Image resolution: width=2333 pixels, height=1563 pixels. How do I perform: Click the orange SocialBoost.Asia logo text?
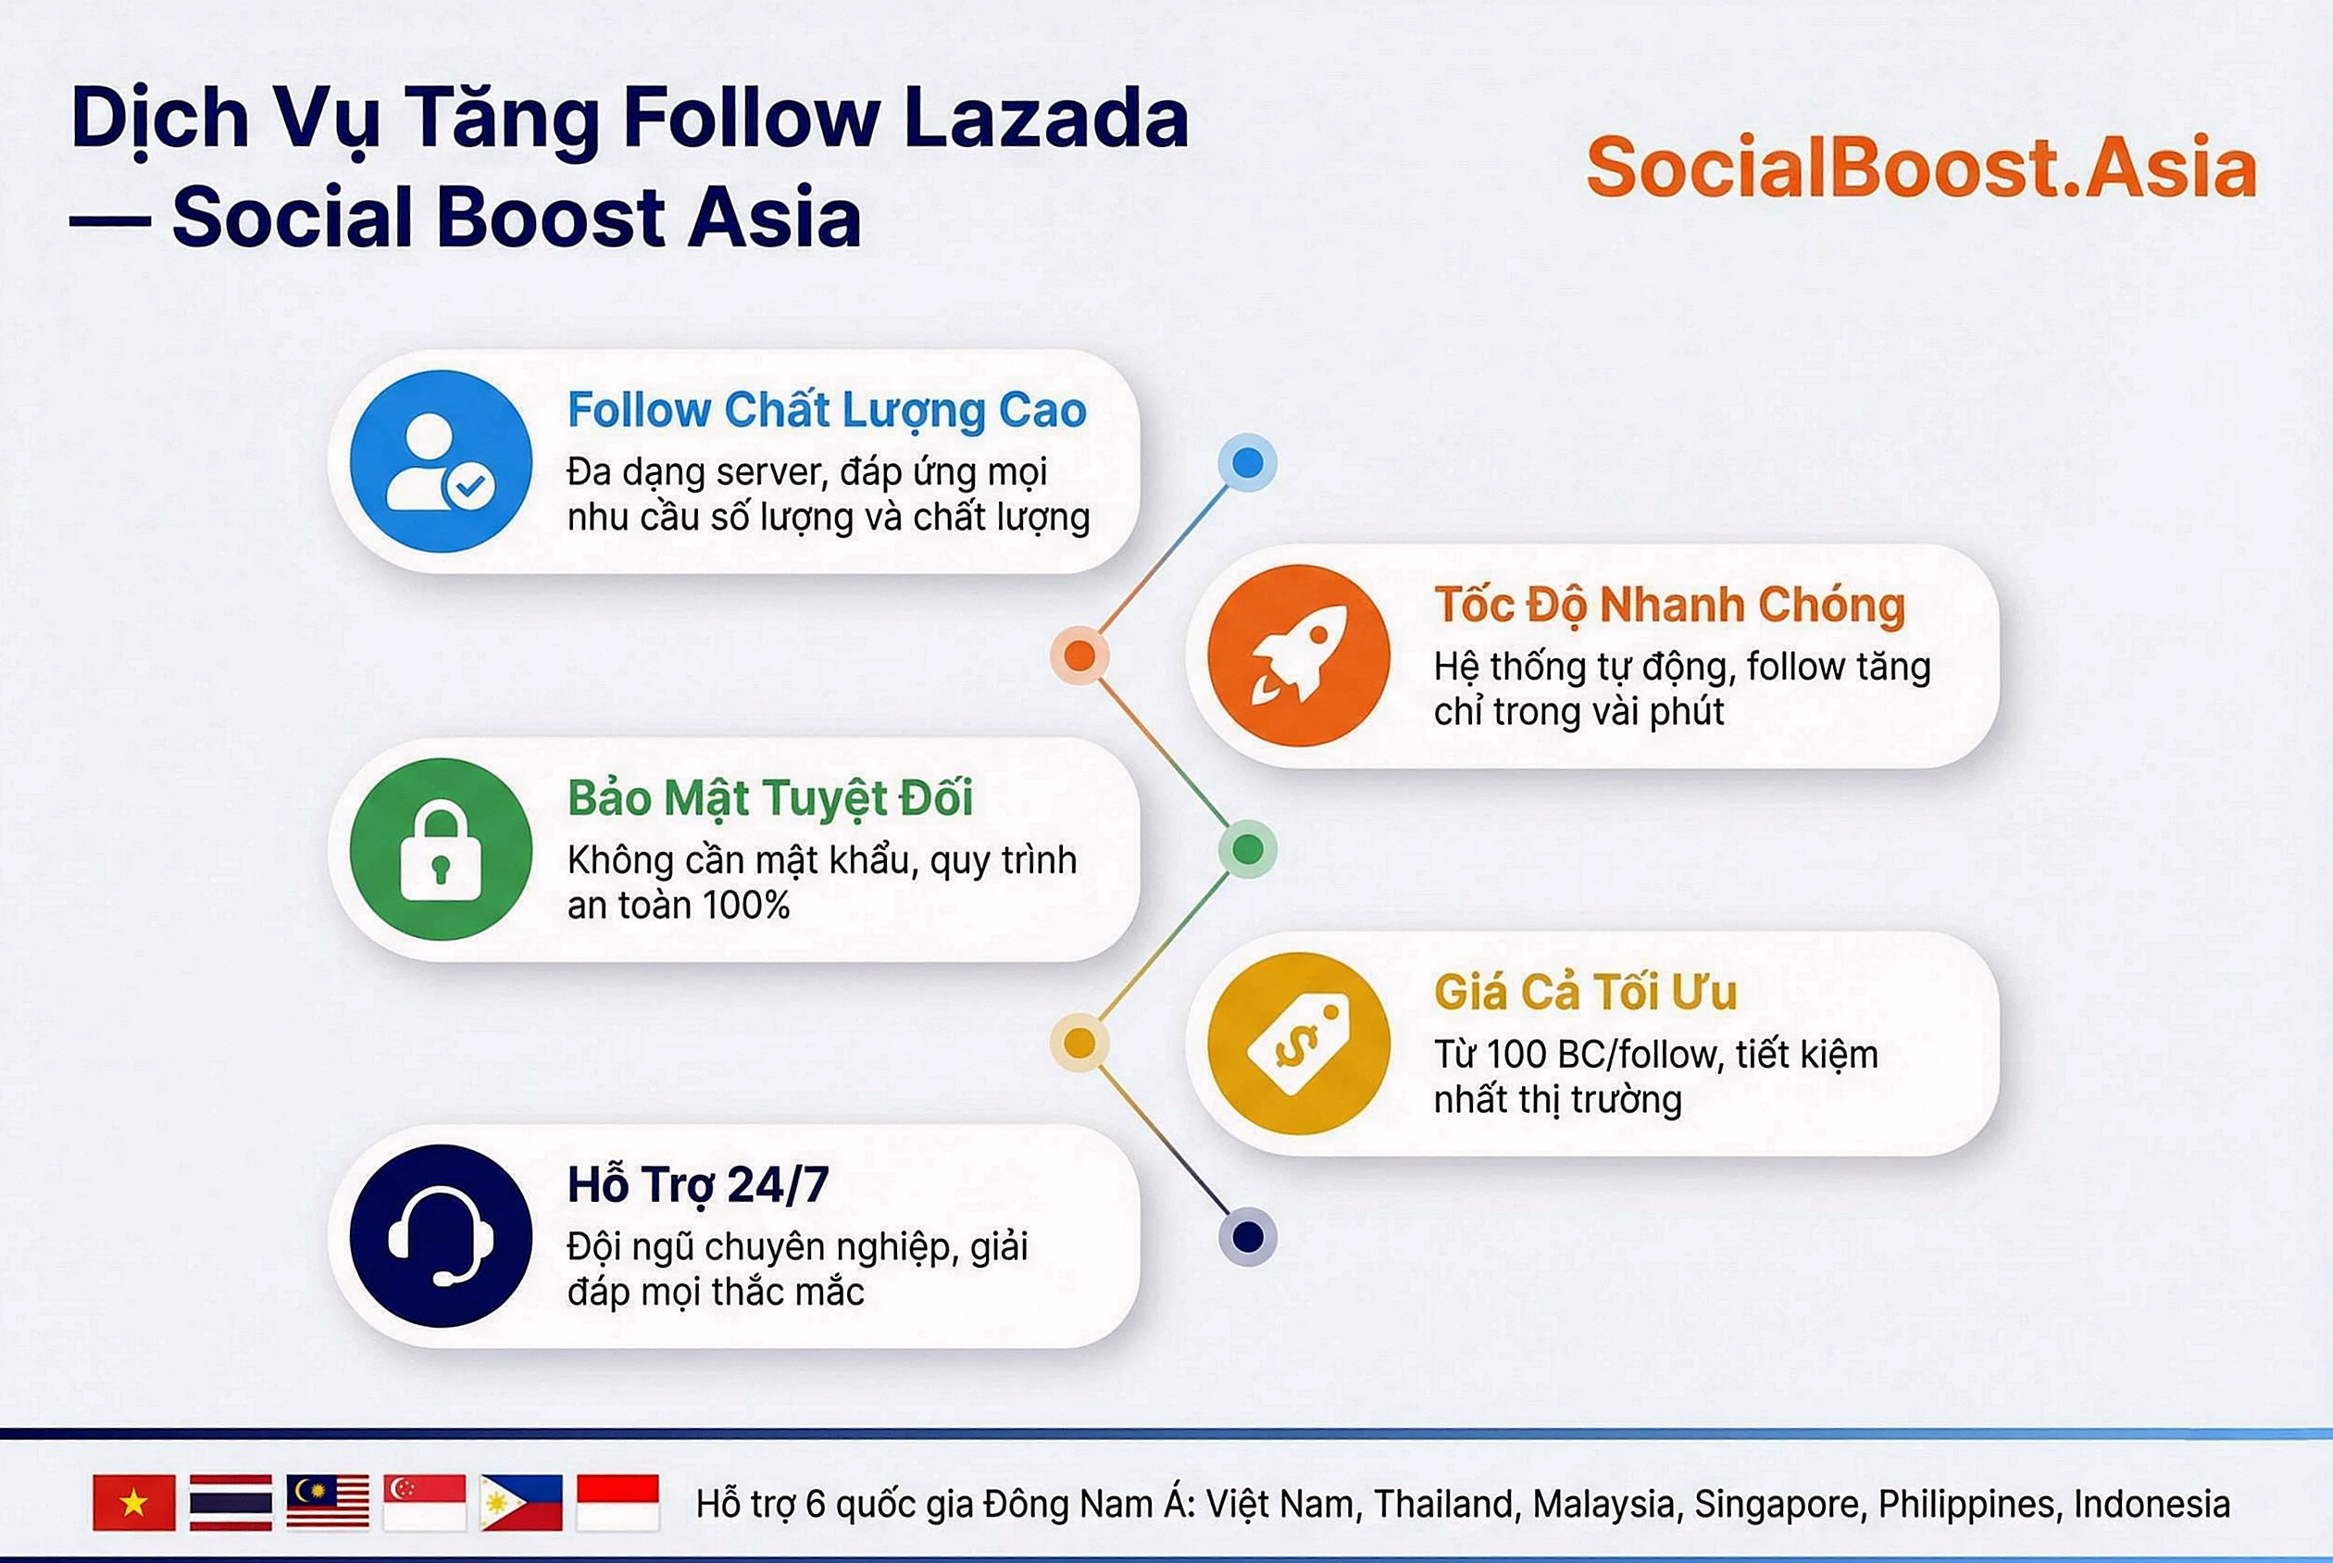[1920, 168]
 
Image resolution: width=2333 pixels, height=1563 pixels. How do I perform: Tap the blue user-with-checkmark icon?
[441, 461]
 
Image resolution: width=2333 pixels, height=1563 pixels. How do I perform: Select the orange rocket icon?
[1299, 655]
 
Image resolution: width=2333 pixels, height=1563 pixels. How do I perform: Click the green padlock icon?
[441, 849]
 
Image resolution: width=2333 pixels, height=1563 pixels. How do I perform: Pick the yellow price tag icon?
[1299, 1043]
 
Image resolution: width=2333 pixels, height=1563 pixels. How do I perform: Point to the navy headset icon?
[441, 1236]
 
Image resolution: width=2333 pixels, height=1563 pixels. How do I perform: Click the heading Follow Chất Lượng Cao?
[826, 409]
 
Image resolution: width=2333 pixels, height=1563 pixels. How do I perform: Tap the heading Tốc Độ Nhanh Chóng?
[1669, 604]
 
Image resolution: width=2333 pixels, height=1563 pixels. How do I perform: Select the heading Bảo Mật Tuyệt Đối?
[769, 797]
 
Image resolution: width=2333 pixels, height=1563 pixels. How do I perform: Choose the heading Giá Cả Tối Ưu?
[1585, 992]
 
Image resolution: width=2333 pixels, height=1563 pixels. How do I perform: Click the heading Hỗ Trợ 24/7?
[698, 1185]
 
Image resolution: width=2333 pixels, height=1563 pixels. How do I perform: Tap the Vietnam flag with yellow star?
[133, 1502]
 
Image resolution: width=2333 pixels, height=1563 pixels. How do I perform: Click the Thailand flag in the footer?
[231, 1502]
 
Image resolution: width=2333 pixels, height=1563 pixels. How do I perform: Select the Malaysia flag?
[327, 1502]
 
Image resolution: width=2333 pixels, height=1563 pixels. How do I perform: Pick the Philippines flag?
[520, 1502]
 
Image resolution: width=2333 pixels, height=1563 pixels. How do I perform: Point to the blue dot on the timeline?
[1247, 463]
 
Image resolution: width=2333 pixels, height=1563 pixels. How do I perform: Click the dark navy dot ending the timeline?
[1247, 1236]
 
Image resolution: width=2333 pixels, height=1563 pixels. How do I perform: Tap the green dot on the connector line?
[1247, 849]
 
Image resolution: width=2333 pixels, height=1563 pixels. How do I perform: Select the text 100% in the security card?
[745, 905]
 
